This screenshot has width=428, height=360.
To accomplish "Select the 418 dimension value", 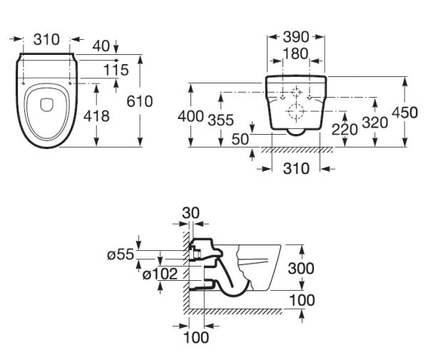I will click(95, 115).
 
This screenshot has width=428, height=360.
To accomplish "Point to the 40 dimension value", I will click(101, 45).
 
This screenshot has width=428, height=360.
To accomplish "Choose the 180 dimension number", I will click(295, 53).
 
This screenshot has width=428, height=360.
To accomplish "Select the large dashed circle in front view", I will click(296, 112).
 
